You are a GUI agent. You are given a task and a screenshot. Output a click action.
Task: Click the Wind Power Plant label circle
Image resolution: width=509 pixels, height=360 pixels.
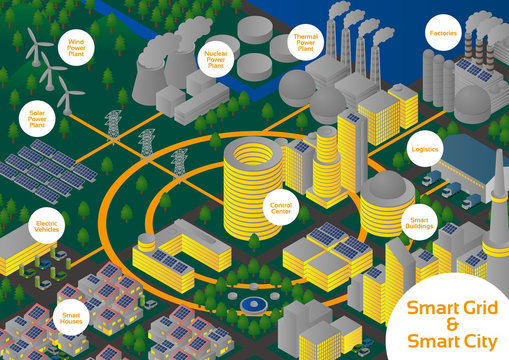(82, 46)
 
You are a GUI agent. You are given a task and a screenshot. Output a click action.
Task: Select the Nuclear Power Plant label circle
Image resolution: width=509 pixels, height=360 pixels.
(213, 51)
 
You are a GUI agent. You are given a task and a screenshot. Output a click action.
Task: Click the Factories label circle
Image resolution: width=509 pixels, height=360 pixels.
(443, 32)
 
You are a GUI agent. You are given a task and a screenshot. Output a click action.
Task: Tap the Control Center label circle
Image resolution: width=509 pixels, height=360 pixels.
(281, 207)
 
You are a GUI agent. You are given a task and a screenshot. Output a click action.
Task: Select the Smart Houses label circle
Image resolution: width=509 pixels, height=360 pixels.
(70, 316)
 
